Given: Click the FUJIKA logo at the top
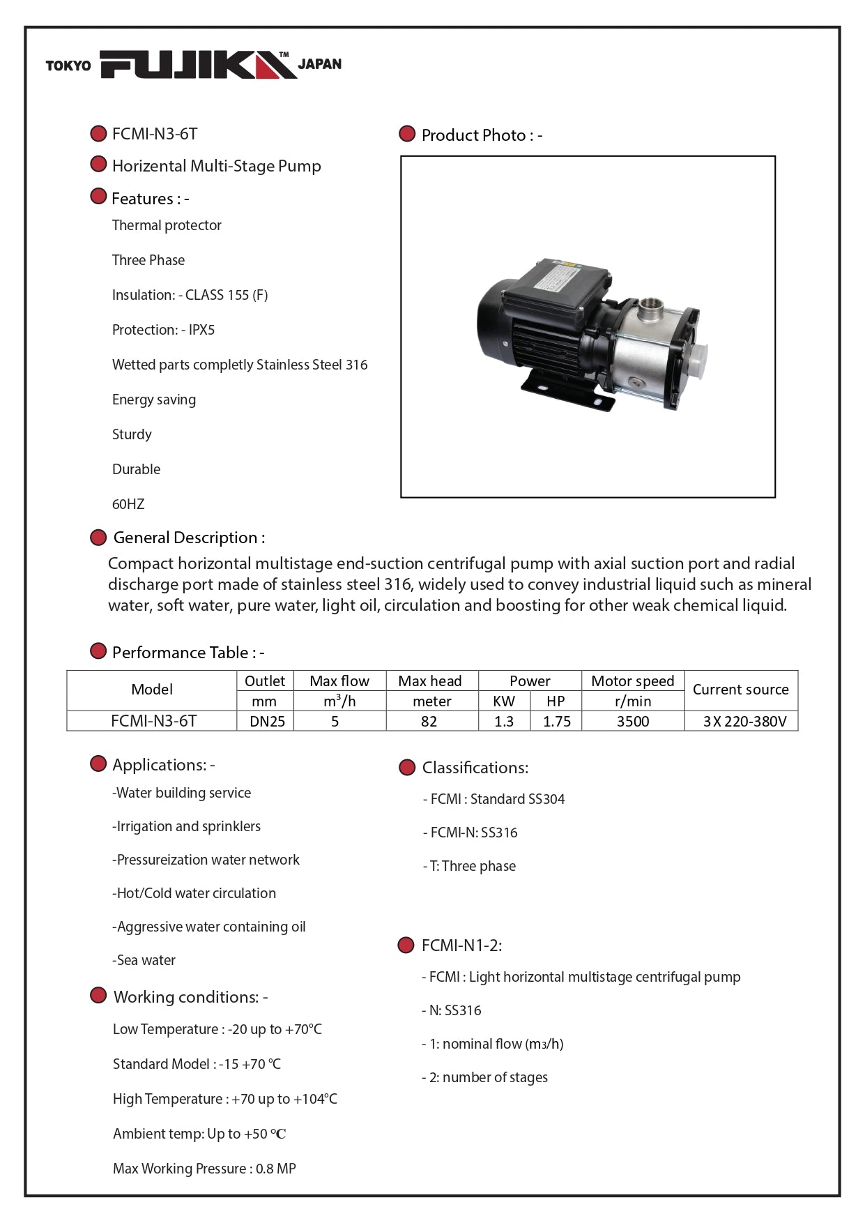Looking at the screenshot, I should [x=198, y=65].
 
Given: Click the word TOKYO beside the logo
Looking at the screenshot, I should [x=68, y=66].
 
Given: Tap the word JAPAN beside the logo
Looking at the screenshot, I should [x=320, y=64].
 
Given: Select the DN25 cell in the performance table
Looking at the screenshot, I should [x=267, y=722].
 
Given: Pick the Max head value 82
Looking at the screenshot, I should [x=429, y=722].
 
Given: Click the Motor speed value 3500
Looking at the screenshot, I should [x=632, y=722].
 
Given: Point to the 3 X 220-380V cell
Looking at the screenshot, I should [x=744, y=722].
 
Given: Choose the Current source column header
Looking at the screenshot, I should [x=740, y=690].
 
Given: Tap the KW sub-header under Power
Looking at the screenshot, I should [x=503, y=701].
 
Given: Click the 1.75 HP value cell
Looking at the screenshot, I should [x=556, y=722].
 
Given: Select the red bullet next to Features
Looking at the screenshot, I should [x=99, y=197].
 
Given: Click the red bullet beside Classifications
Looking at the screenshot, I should [x=407, y=768].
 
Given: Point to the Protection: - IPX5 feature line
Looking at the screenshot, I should [x=163, y=330].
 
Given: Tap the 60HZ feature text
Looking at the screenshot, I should [x=128, y=504].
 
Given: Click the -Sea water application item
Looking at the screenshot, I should [x=144, y=960].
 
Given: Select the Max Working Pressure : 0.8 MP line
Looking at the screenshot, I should [x=204, y=1169].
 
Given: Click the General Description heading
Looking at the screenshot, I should [x=189, y=538].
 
